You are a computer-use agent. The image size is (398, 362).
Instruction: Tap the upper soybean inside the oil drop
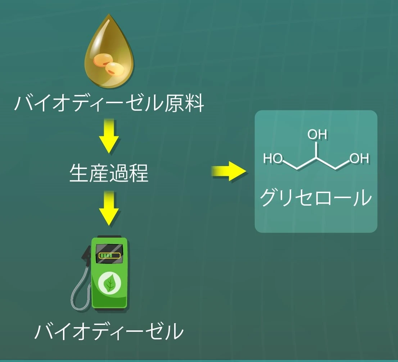103,59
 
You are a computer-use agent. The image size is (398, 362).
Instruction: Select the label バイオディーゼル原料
109,103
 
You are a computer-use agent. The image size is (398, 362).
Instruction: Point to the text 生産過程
109,173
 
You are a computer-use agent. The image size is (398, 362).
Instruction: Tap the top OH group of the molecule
317,134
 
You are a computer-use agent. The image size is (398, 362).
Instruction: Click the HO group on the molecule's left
273,158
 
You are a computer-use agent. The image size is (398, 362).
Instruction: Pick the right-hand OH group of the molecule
359,158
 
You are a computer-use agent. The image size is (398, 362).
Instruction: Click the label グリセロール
316,197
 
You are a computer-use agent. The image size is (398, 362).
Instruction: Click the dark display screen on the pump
109,253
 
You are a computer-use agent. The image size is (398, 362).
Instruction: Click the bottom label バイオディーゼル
109,331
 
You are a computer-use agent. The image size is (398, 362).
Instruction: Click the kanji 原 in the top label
175,103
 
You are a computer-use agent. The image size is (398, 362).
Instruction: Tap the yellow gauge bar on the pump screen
109,255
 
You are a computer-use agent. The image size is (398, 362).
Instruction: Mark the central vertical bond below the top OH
317,150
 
